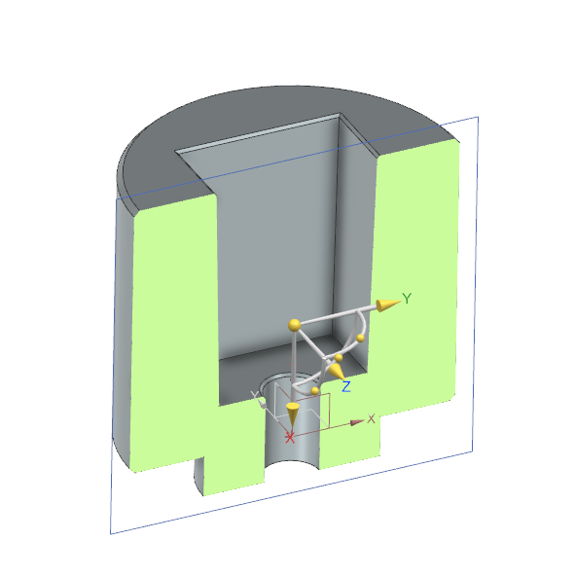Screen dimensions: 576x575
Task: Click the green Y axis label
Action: click(409, 298)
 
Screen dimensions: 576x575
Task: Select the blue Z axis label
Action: click(346, 386)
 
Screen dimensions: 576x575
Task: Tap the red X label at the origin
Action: click(289, 438)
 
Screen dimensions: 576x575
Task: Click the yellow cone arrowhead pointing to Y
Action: click(386, 305)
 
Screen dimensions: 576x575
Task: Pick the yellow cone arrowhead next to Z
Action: click(336, 370)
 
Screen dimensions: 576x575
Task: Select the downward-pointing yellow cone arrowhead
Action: click(292, 411)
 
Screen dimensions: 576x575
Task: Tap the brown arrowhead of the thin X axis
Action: click(358, 421)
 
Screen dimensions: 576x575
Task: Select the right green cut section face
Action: click(413, 272)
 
